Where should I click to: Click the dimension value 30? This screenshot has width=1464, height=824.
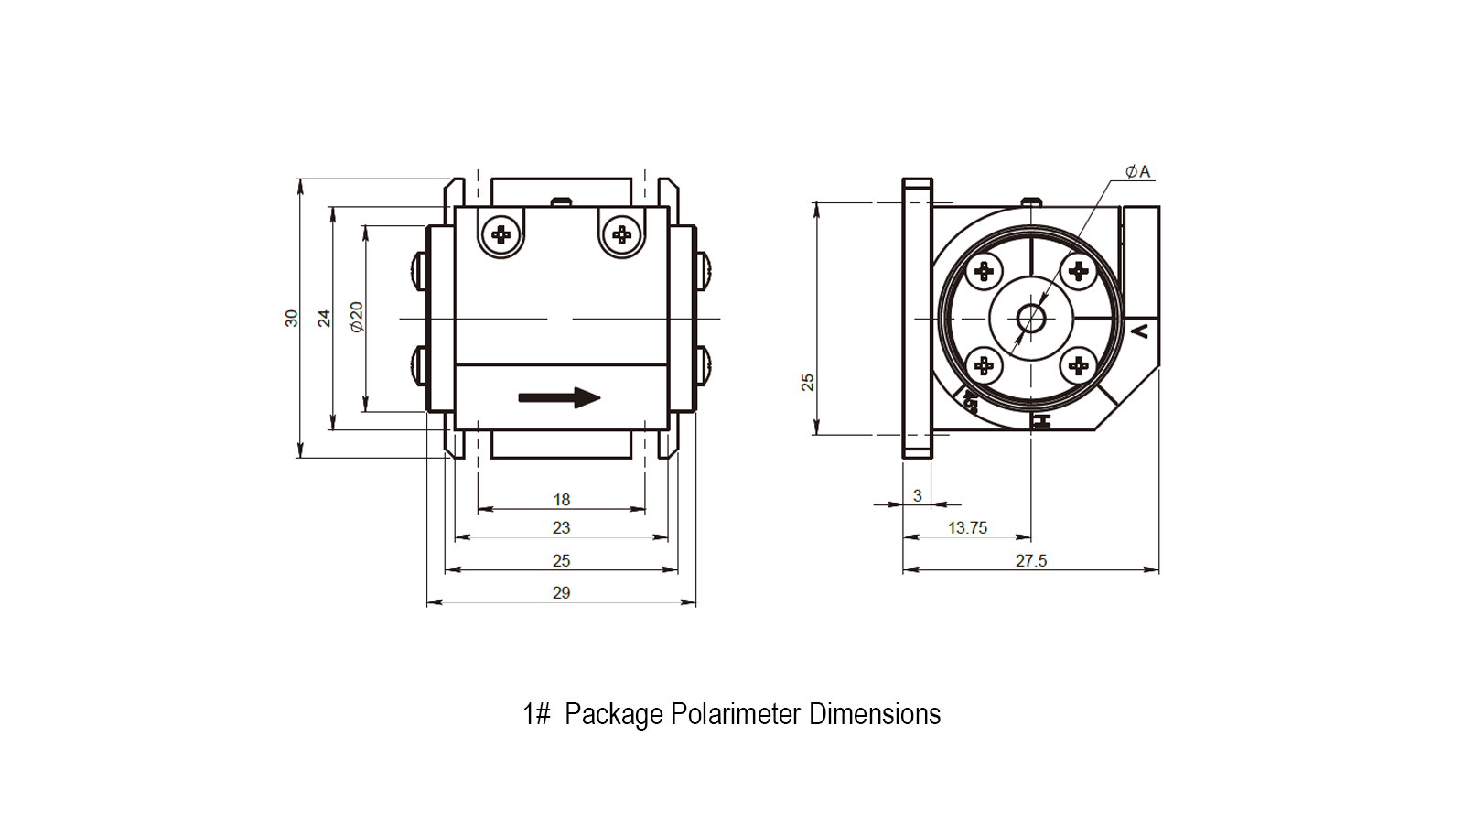292,319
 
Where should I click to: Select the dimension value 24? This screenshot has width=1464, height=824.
324,319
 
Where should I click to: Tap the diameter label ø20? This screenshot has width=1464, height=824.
356,317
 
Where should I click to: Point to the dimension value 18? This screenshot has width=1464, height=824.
562,500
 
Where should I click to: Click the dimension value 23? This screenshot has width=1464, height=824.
562,527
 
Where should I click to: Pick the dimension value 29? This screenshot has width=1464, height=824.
562,593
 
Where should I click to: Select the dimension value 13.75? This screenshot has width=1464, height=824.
967,527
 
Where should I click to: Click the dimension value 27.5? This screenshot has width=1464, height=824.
1031,561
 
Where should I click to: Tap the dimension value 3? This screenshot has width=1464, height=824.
918,496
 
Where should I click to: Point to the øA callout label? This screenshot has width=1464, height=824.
1137,172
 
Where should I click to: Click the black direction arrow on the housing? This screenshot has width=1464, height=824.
559,397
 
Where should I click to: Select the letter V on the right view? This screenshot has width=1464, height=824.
1139,331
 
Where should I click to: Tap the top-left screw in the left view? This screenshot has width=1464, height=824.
501,234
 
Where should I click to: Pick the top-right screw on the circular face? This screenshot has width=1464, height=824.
1078,271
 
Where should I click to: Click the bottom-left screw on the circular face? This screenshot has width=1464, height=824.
984,365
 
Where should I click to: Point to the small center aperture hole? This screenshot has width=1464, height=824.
1031,320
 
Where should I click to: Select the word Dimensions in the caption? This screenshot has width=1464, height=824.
875,713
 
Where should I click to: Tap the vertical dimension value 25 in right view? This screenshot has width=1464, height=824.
808,383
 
